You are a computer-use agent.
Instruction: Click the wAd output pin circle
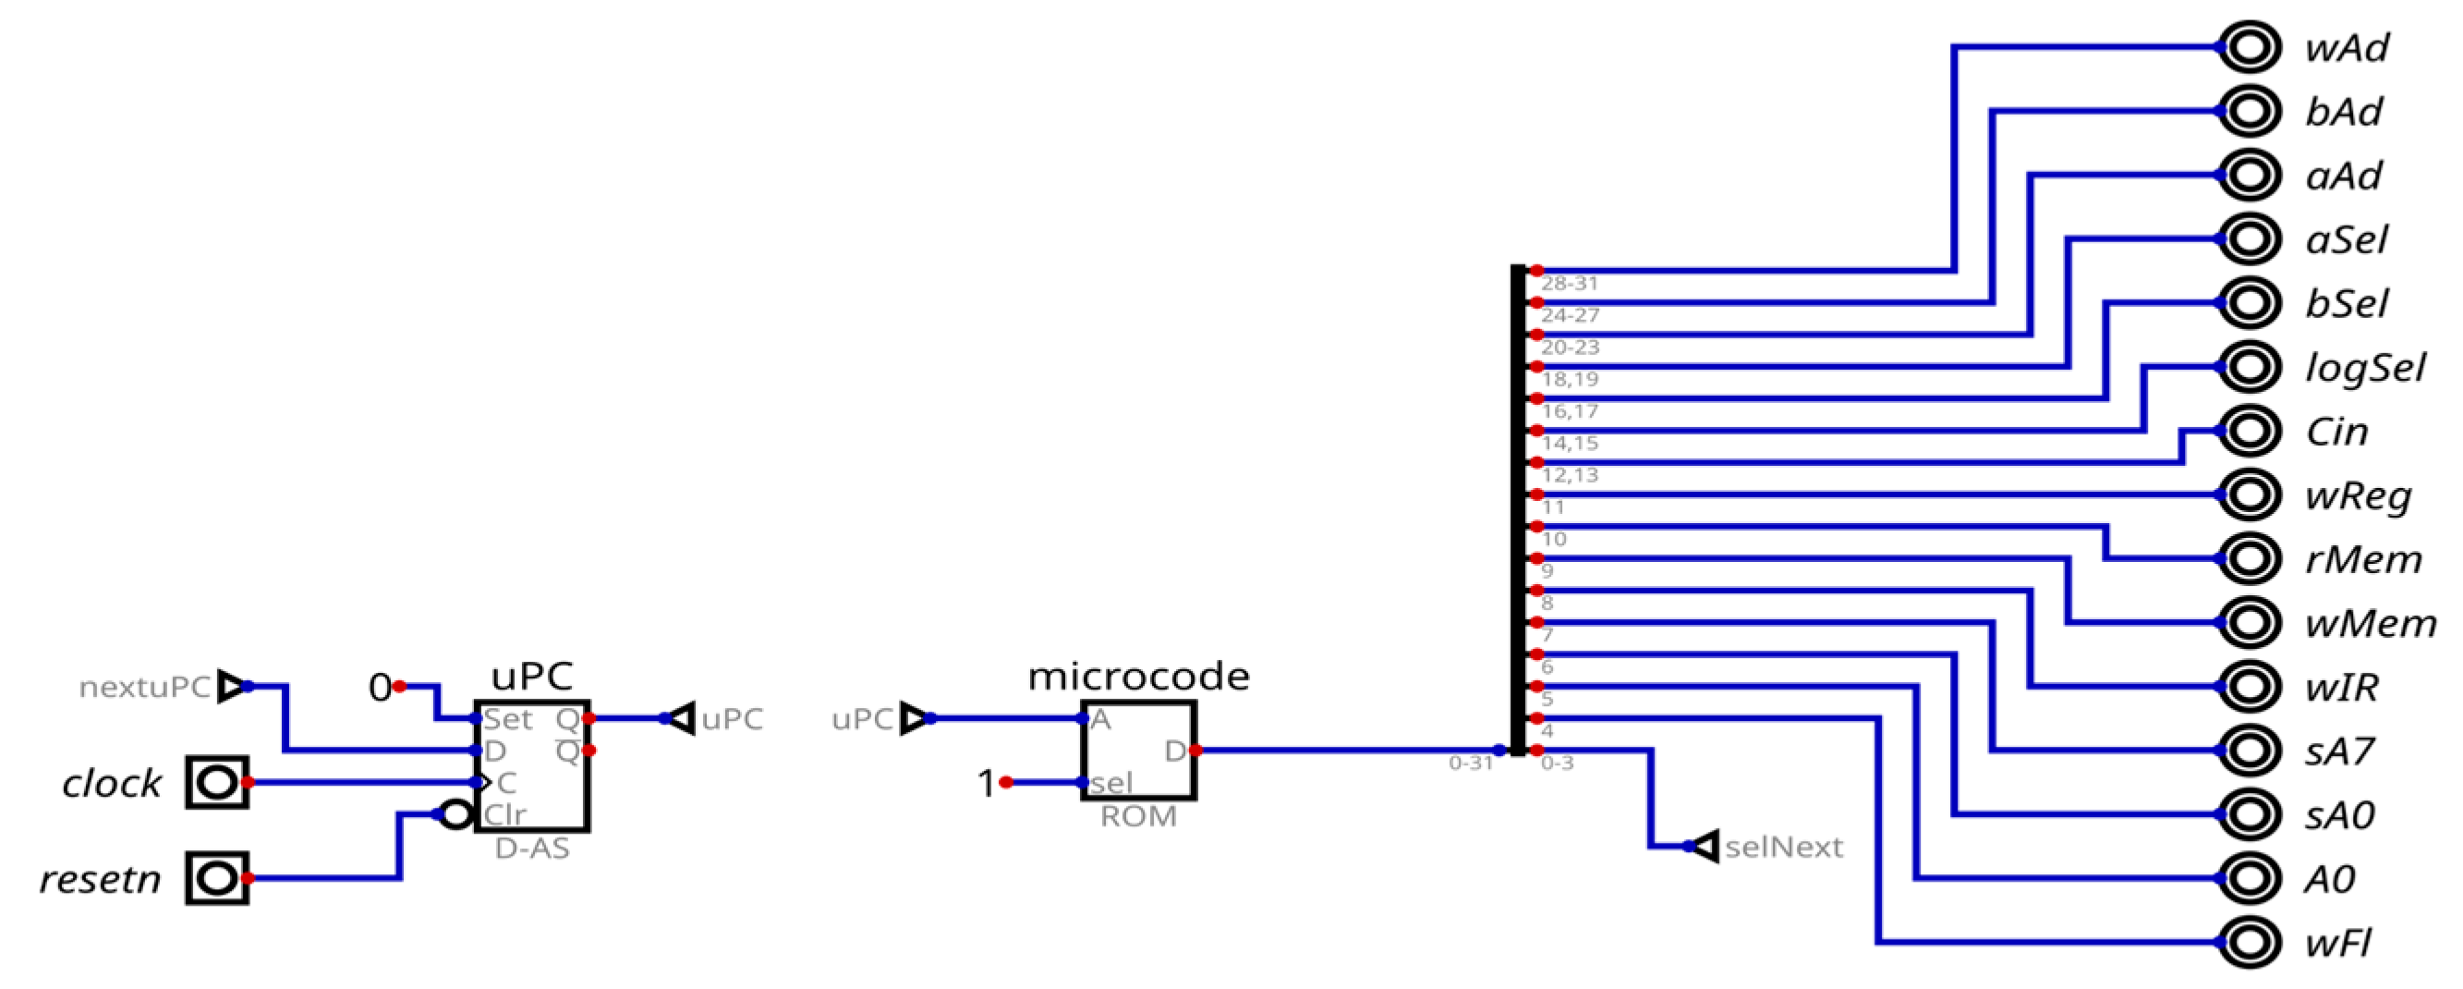click(x=2249, y=47)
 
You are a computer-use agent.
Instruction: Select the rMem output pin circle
click(x=2249, y=558)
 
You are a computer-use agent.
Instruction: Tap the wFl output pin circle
click(x=2249, y=942)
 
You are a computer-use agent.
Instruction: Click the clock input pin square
click(x=217, y=782)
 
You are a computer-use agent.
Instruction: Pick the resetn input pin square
click(x=217, y=878)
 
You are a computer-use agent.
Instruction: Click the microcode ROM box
click(x=1138, y=751)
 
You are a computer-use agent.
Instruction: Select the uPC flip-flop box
click(x=531, y=765)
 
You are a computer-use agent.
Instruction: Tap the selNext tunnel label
click(x=1782, y=847)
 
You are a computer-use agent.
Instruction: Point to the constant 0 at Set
click(x=380, y=687)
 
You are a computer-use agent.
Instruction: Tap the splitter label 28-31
click(x=1569, y=283)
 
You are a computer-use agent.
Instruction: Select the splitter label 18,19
click(x=1569, y=379)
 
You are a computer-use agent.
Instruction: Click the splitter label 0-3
click(x=1557, y=763)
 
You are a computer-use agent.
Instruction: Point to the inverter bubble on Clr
click(x=456, y=815)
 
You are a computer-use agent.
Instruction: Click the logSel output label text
click(x=2364, y=367)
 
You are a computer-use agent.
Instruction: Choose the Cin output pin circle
click(x=2249, y=432)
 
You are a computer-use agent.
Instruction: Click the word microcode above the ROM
click(x=1138, y=677)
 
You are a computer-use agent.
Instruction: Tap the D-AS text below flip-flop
click(x=531, y=849)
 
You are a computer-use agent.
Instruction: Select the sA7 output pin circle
click(x=2249, y=751)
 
